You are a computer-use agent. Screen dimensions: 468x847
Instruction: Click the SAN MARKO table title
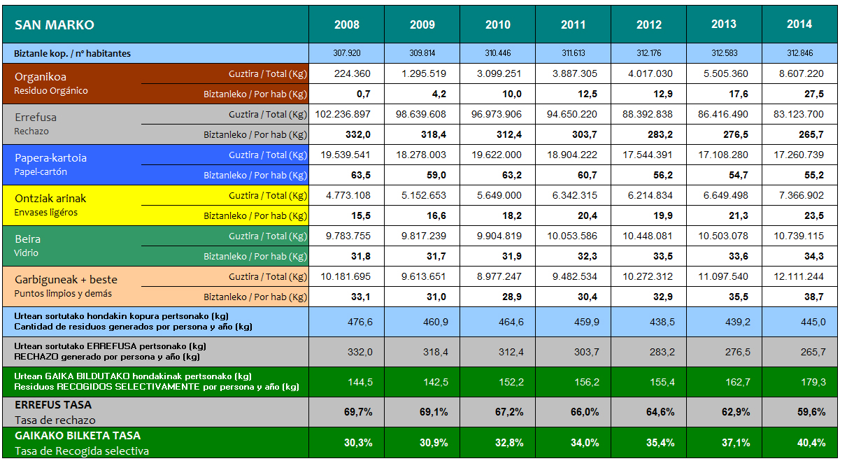[x=54, y=25]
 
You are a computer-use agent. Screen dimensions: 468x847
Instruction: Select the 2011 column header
[x=573, y=24]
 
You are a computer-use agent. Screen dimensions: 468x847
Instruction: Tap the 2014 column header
[x=799, y=24]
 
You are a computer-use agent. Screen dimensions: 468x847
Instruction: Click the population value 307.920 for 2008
[x=346, y=53]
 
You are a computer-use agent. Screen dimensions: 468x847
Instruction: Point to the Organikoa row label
[x=41, y=77]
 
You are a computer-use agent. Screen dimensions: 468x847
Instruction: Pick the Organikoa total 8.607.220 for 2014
[x=799, y=73]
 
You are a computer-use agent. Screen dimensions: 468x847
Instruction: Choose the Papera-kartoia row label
[x=50, y=158]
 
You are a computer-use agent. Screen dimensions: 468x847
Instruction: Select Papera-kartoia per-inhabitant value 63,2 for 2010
[x=497, y=175]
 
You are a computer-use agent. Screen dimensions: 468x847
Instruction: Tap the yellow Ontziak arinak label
[x=50, y=199]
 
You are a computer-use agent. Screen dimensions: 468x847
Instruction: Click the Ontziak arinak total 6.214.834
[x=648, y=195]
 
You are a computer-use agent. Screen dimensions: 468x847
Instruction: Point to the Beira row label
[x=27, y=239]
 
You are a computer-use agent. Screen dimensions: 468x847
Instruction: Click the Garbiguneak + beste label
[x=66, y=280]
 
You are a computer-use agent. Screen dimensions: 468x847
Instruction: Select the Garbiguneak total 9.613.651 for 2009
[x=422, y=276]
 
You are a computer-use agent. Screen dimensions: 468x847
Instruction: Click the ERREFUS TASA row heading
[x=53, y=405]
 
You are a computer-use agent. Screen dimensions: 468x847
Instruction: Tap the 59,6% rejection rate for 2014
[x=811, y=412]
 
